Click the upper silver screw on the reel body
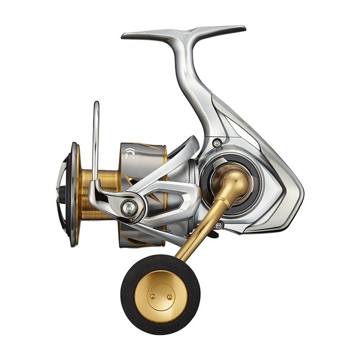[217, 143]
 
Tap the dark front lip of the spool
[73, 193]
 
